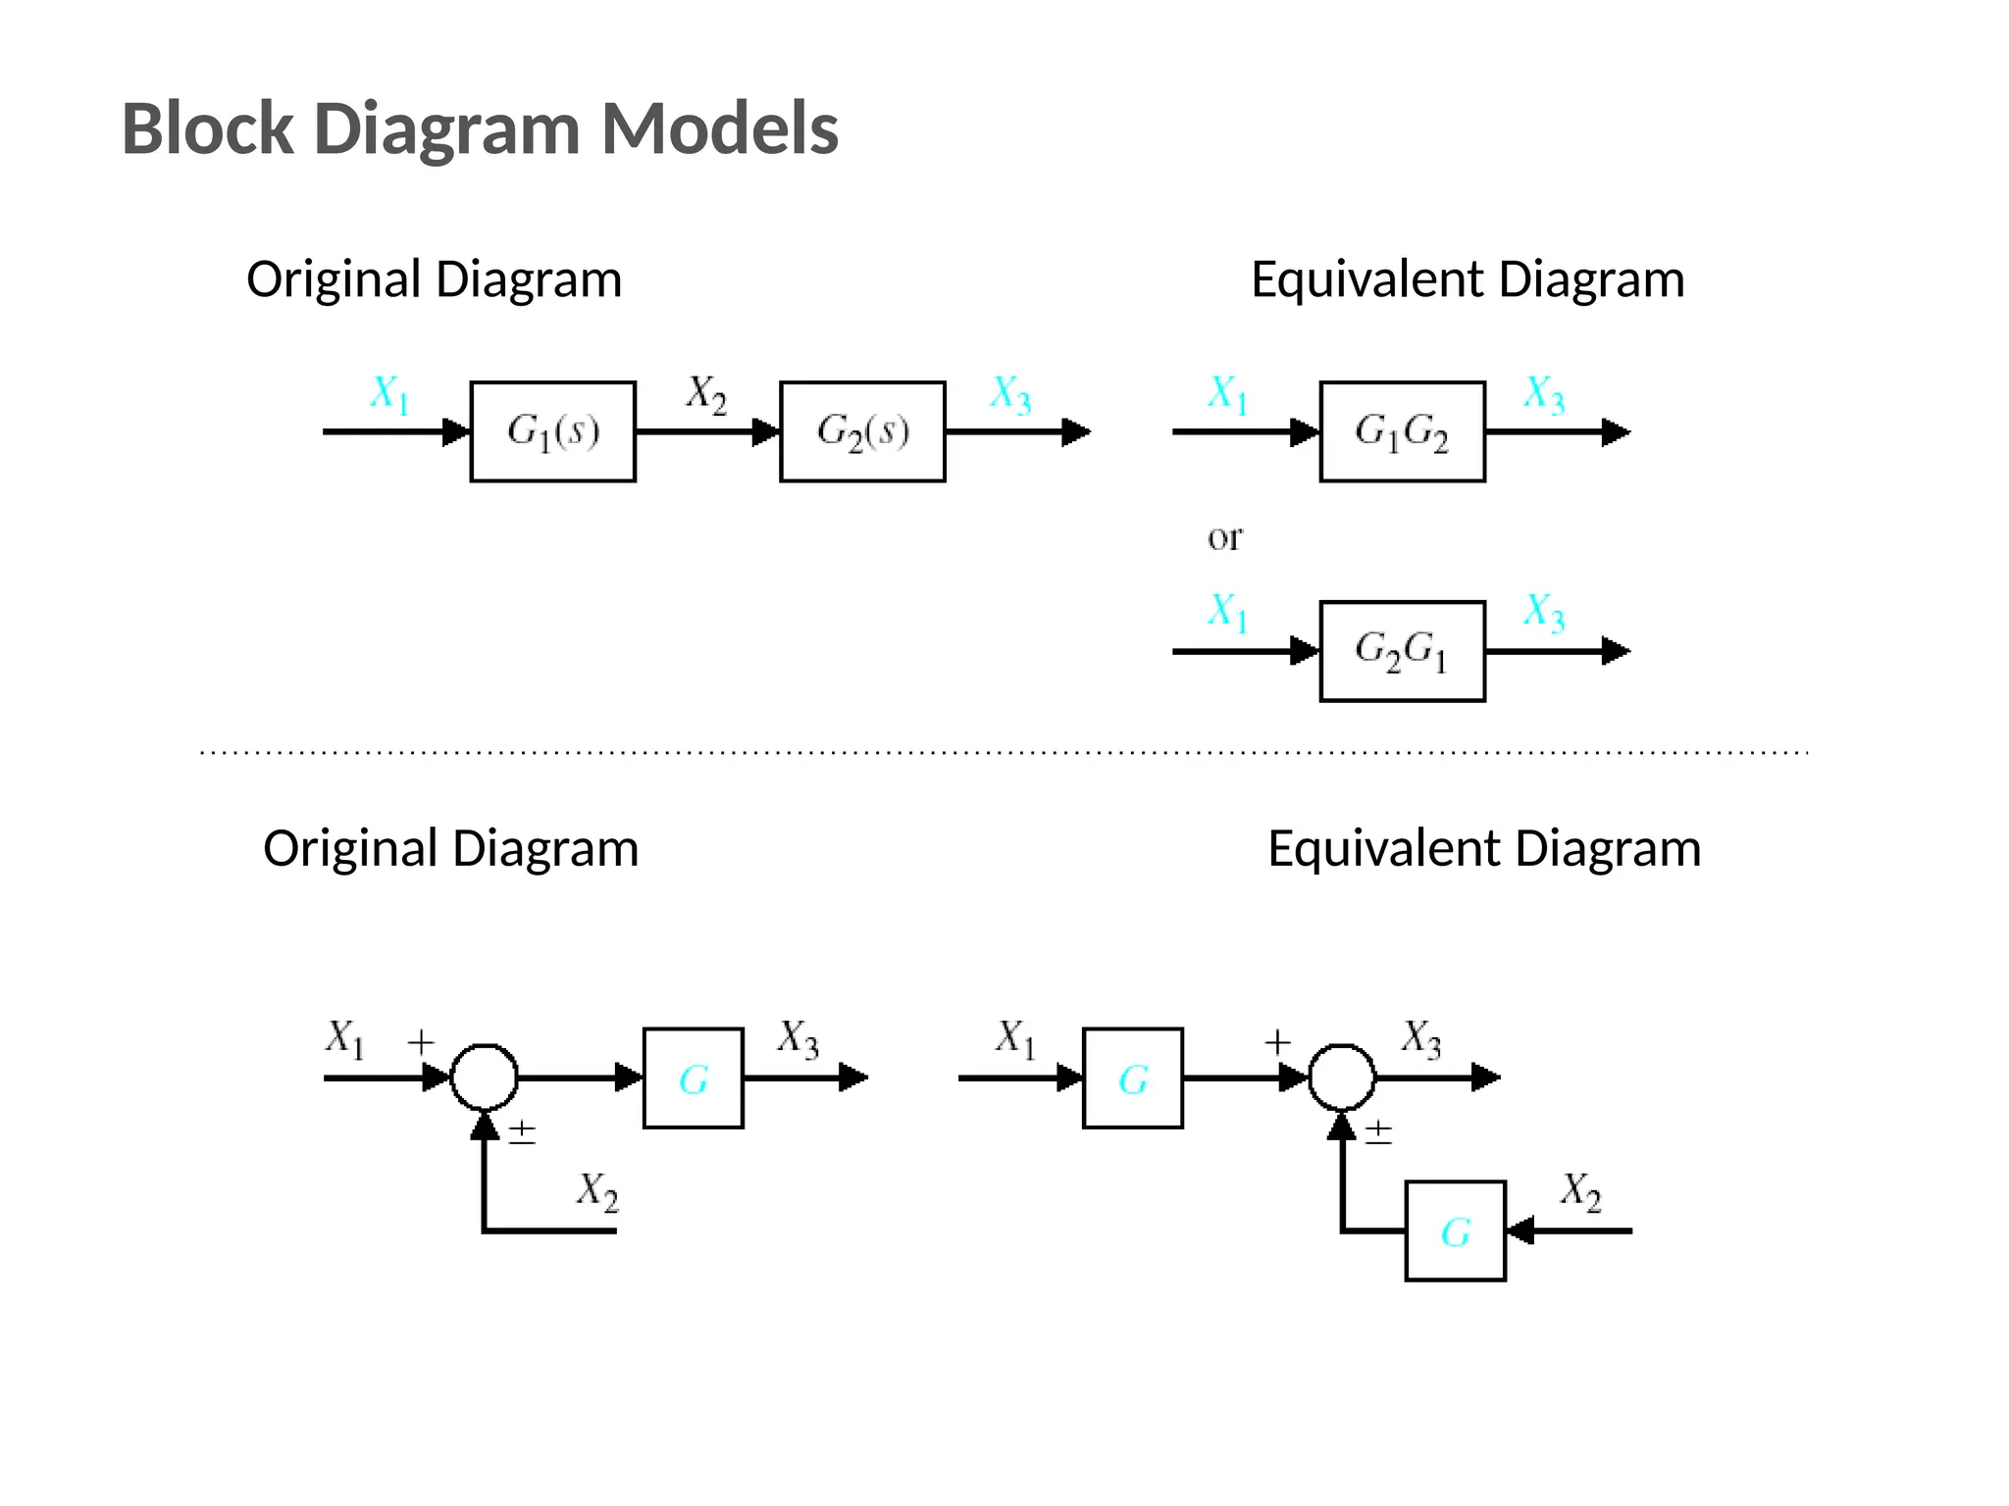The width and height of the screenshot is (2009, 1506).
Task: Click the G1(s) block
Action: click(x=552, y=431)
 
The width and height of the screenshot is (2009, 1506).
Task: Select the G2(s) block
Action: click(x=862, y=431)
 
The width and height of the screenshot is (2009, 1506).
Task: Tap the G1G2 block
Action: click(x=1402, y=431)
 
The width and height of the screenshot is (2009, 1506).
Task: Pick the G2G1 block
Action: click(x=1402, y=651)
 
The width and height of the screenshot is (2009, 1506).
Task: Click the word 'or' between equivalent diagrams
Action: click(x=1224, y=537)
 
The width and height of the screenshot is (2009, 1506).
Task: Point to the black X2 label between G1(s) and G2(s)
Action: click(x=706, y=394)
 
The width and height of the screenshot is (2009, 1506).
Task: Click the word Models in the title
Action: click(x=719, y=128)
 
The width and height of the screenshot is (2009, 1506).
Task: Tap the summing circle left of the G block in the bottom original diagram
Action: click(x=484, y=1078)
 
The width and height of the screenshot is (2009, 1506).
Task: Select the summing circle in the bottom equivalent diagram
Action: click(x=1342, y=1078)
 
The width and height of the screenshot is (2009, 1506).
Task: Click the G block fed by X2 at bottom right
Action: click(x=1455, y=1230)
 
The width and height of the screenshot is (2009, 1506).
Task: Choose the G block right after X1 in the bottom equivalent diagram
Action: click(x=1132, y=1079)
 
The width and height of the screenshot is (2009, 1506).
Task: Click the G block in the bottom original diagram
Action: click(x=693, y=1079)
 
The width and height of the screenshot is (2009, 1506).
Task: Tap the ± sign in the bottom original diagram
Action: click(x=522, y=1132)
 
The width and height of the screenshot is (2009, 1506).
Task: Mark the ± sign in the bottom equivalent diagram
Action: click(x=1378, y=1132)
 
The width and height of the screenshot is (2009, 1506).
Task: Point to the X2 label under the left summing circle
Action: click(x=597, y=1191)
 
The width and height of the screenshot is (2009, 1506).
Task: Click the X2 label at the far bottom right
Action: click(x=1580, y=1191)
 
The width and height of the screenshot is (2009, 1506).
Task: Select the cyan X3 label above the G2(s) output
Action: click(x=1010, y=395)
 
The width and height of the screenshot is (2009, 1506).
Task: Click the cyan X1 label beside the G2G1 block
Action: click(x=1227, y=613)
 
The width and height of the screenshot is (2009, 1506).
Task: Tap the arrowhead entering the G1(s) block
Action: click(x=456, y=431)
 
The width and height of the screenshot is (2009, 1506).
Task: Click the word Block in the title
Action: click(x=207, y=128)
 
